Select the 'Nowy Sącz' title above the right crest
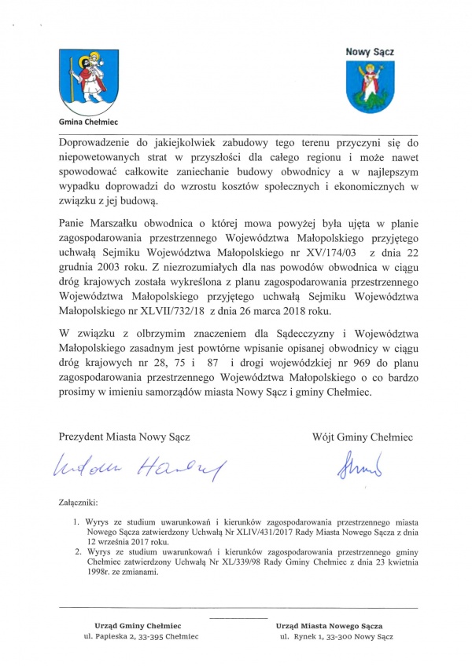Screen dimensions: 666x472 (x=371, y=52)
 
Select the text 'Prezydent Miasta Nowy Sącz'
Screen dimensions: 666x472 (x=124, y=434)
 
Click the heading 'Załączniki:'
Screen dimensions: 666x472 (x=80, y=500)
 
